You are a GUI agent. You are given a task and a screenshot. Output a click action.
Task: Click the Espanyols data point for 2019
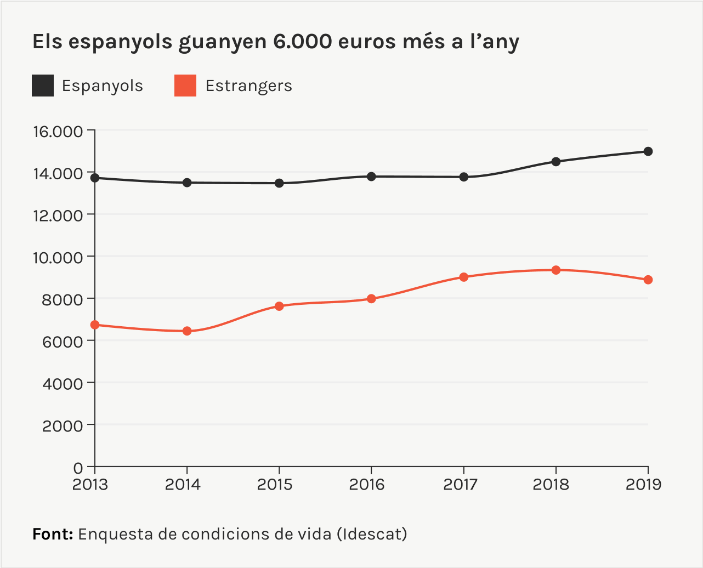[648, 151]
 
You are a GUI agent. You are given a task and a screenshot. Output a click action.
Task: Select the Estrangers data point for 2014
[187, 331]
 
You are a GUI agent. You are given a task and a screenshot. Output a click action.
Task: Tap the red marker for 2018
[555, 270]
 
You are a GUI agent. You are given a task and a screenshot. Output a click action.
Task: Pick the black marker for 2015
[279, 183]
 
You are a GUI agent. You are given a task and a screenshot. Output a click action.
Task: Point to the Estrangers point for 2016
[371, 299]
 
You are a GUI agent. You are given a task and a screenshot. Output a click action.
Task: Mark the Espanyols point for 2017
[464, 177]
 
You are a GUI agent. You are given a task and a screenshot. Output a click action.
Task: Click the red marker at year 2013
[95, 325]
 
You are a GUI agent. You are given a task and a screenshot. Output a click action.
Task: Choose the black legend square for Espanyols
[43, 86]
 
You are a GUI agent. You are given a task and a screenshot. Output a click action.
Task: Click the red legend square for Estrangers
[185, 86]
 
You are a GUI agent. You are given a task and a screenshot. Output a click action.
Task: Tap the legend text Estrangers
[248, 86]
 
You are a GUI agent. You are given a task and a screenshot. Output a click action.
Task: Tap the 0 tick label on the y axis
[77, 468]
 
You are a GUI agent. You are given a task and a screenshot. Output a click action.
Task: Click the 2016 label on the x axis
[371, 485]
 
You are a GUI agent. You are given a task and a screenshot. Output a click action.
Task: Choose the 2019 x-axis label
[644, 485]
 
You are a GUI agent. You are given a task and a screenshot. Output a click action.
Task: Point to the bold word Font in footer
[53, 534]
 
